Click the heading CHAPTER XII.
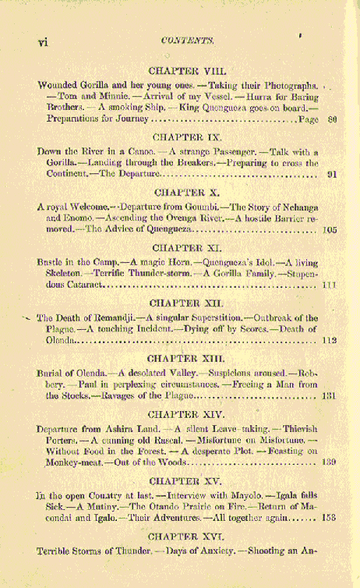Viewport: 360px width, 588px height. point(186,302)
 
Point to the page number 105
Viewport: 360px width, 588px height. point(328,231)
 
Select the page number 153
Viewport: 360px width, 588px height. point(328,519)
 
